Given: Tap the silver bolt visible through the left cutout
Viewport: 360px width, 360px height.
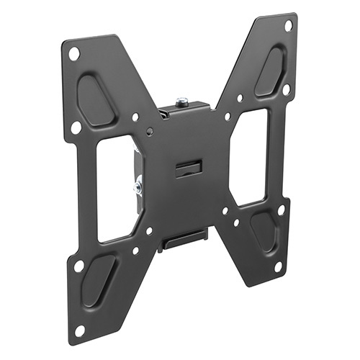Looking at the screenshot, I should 136,189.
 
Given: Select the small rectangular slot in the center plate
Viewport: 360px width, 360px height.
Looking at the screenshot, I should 186,168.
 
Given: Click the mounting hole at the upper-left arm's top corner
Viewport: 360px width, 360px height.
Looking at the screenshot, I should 73,53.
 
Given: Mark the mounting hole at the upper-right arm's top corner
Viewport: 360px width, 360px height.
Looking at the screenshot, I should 288,25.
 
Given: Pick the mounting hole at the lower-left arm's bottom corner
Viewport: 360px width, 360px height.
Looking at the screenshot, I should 80,330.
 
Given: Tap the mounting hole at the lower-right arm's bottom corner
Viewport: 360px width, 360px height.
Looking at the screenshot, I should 277,266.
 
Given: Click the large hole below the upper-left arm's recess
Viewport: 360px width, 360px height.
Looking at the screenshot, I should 76,127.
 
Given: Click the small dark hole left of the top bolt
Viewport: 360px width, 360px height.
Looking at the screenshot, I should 150,132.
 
